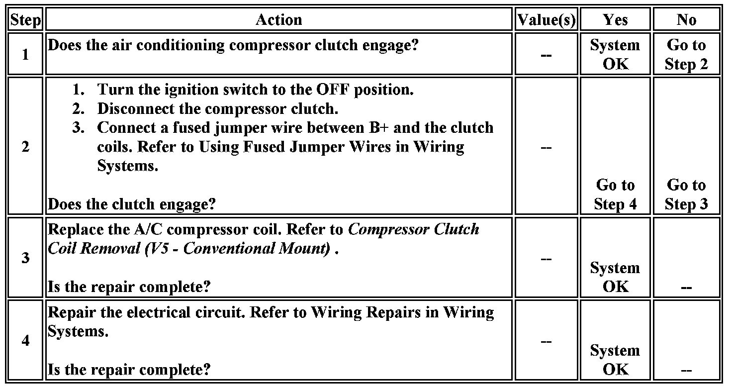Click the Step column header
click(25, 20)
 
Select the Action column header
click(278, 20)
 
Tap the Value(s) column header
click(546, 20)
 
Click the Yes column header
click(615, 20)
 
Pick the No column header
click(686, 20)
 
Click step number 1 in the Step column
click(25, 54)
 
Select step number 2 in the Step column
click(25, 147)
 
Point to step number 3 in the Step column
click(25, 258)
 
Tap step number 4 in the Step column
click(25, 341)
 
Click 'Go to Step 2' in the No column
click(686, 54)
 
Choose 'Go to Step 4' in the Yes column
click(615, 194)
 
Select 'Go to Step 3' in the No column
click(686, 194)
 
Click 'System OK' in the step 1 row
click(615, 54)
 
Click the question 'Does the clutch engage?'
click(133, 204)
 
